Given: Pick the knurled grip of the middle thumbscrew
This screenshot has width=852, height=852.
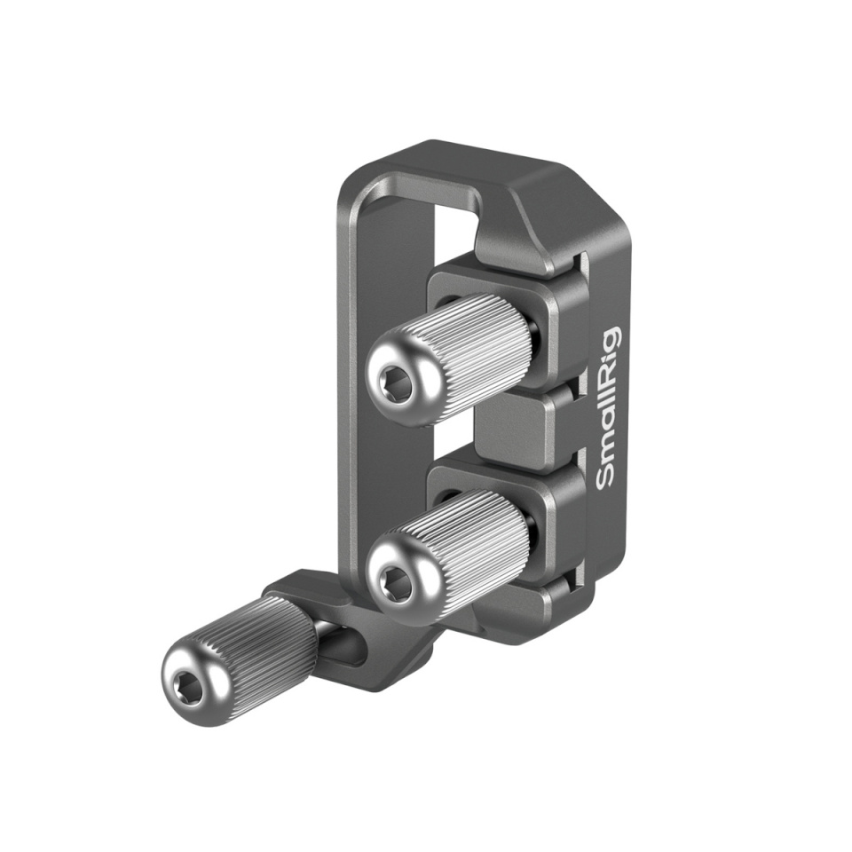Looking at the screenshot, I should (x=470, y=533).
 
